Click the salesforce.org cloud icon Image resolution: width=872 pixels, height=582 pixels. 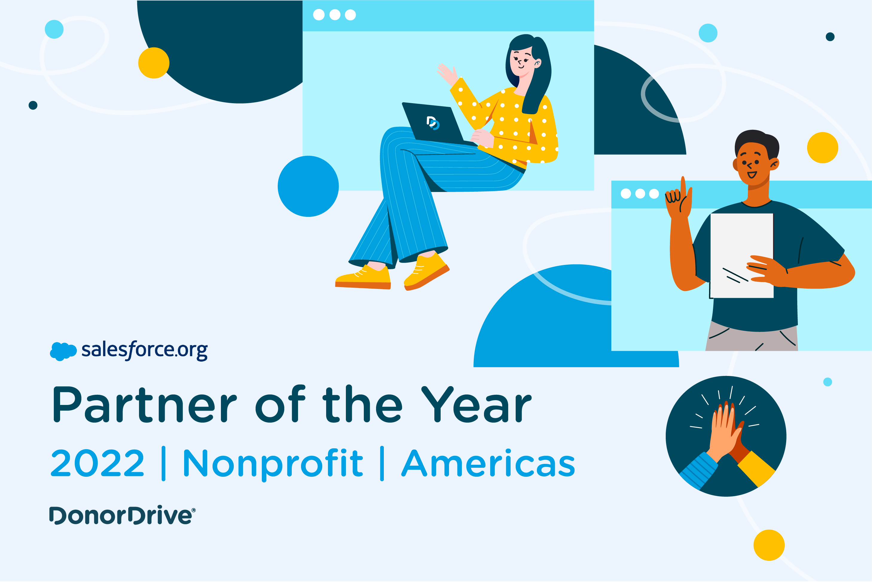[x=63, y=351]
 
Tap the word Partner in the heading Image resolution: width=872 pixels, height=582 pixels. [x=144, y=405]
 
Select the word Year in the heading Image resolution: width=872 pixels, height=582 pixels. [x=477, y=405]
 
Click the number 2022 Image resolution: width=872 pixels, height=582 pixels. [x=97, y=463]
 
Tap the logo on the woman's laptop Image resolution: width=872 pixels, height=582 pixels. [x=433, y=123]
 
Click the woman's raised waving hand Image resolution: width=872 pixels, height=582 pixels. [x=447, y=74]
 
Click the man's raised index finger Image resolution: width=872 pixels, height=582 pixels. [x=683, y=186]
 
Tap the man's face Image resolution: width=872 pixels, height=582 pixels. [x=753, y=165]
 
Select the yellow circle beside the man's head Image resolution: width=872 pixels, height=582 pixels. [x=822, y=147]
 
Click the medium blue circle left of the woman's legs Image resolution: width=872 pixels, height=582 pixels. [x=308, y=186]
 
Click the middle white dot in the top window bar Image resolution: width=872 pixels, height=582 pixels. [x=335, y=15]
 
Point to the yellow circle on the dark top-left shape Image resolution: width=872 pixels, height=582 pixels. [x=154, y=63]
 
